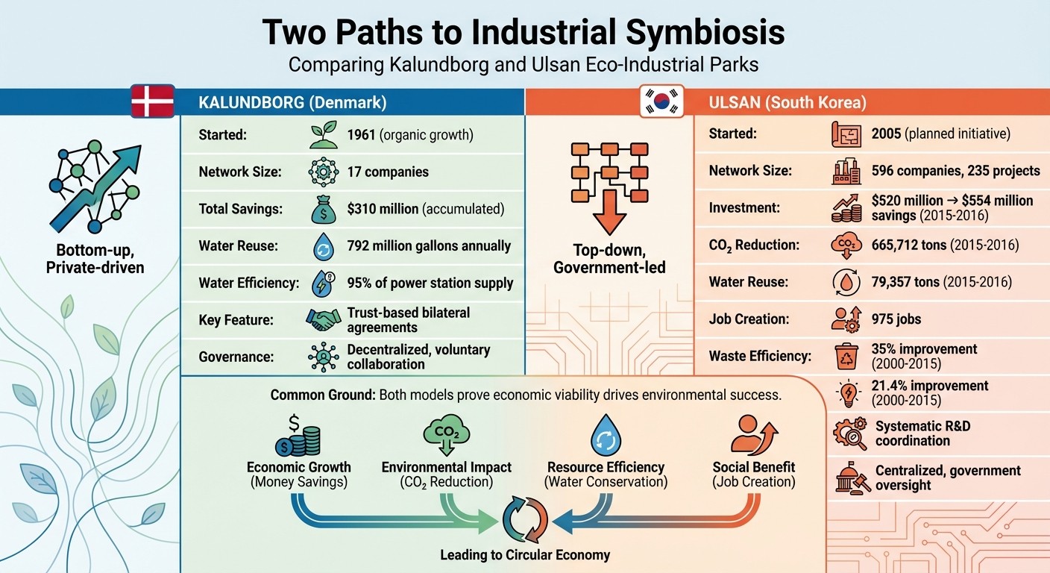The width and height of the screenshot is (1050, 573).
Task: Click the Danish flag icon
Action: [152, 101]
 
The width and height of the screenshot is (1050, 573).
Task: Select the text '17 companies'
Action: [388, 172]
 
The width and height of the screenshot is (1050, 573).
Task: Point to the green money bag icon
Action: [323, 210]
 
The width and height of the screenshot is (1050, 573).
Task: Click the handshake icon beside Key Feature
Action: [323, 319]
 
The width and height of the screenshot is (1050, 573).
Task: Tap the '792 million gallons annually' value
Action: [429, 245]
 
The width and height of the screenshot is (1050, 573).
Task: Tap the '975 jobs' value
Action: [896, 319]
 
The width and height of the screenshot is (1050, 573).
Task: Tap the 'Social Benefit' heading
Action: [753, 467]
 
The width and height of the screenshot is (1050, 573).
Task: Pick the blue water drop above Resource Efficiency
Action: [605, 436]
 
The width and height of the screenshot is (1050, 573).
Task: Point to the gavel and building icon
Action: [849, 477]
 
